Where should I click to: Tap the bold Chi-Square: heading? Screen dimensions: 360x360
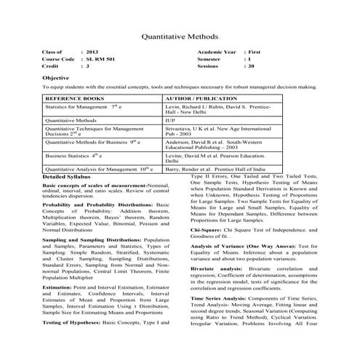pos(207,231)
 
